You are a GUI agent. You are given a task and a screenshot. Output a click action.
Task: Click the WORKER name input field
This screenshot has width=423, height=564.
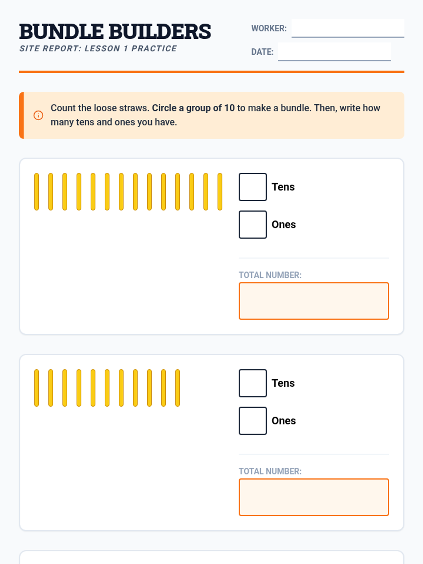[x=348, y=28]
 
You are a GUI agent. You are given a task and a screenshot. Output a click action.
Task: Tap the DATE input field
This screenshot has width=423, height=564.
[x=334, y=52]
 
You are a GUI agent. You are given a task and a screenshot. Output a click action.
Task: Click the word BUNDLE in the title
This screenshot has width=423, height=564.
[x=61, y=32]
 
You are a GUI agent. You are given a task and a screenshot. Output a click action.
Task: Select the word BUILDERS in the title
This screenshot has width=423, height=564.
[x=160, y=32]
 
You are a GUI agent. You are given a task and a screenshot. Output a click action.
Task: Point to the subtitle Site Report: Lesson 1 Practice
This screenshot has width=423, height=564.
[x=98, y=49]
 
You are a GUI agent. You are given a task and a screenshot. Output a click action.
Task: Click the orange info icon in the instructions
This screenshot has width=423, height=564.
[x=38, y=115]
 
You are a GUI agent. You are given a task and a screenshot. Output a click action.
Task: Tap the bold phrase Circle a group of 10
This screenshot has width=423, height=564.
[x=193, y=108]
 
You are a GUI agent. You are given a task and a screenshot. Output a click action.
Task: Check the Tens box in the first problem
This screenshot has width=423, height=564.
[x=253, y=187]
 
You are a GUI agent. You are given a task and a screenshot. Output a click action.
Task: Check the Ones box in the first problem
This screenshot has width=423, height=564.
[x=253, y=225]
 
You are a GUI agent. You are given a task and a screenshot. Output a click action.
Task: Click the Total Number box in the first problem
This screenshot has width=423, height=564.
[x=314, y=301]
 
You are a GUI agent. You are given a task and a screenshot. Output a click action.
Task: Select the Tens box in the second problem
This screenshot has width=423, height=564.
[x=253, y=383]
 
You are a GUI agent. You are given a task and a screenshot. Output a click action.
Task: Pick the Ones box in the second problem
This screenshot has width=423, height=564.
[x=253, y=421]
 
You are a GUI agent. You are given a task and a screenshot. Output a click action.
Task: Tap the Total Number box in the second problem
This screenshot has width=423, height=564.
[x=314, y=497]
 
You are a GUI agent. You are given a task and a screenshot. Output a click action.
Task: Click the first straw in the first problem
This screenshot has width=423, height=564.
[x=36, y=192]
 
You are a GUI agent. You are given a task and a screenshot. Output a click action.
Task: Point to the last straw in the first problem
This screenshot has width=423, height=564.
[x=220, y=192]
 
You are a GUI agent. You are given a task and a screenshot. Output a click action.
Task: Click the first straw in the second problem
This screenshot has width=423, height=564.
[x=36, y=388]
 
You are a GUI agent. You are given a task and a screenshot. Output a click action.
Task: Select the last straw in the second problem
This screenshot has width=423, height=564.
[x=177, y=388]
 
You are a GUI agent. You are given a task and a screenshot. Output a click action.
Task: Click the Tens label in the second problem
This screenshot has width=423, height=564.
[x=283, y=383]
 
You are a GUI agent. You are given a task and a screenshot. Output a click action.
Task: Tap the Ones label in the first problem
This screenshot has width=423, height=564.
[x=283, y=225]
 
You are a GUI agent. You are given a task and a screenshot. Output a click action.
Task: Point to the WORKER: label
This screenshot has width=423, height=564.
[x=269, y=28]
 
